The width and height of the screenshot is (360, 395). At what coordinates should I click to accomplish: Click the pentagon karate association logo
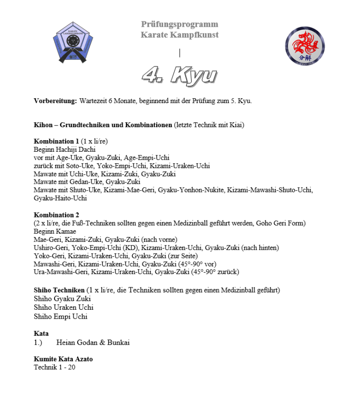pos(74,43)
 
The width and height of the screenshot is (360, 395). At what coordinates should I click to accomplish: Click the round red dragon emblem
pos(305,46)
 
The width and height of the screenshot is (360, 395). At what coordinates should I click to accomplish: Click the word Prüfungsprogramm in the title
pos(180,24)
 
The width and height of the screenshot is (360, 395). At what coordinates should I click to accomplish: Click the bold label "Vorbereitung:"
pos(55,101)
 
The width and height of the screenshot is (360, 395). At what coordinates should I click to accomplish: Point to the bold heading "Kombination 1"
pos(56,141)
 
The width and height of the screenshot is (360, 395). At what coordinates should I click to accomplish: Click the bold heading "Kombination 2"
pos(56,215)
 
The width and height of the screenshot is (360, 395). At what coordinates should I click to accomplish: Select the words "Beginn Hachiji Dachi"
pos(65,150)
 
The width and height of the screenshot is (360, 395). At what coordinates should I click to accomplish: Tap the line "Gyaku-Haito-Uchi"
pos(60,198)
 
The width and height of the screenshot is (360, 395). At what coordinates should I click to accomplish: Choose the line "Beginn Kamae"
pos(55,231)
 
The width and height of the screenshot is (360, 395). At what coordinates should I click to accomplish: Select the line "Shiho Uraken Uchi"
pos(63,308)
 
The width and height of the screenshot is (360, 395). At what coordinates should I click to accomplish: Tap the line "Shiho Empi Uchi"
pos(61,317)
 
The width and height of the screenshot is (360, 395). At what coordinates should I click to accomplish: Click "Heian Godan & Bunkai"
pos(93,343)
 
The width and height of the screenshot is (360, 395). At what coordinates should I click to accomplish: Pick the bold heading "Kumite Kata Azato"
pos(63,359)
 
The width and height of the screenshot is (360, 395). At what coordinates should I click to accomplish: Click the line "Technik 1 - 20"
pos(54,367)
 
